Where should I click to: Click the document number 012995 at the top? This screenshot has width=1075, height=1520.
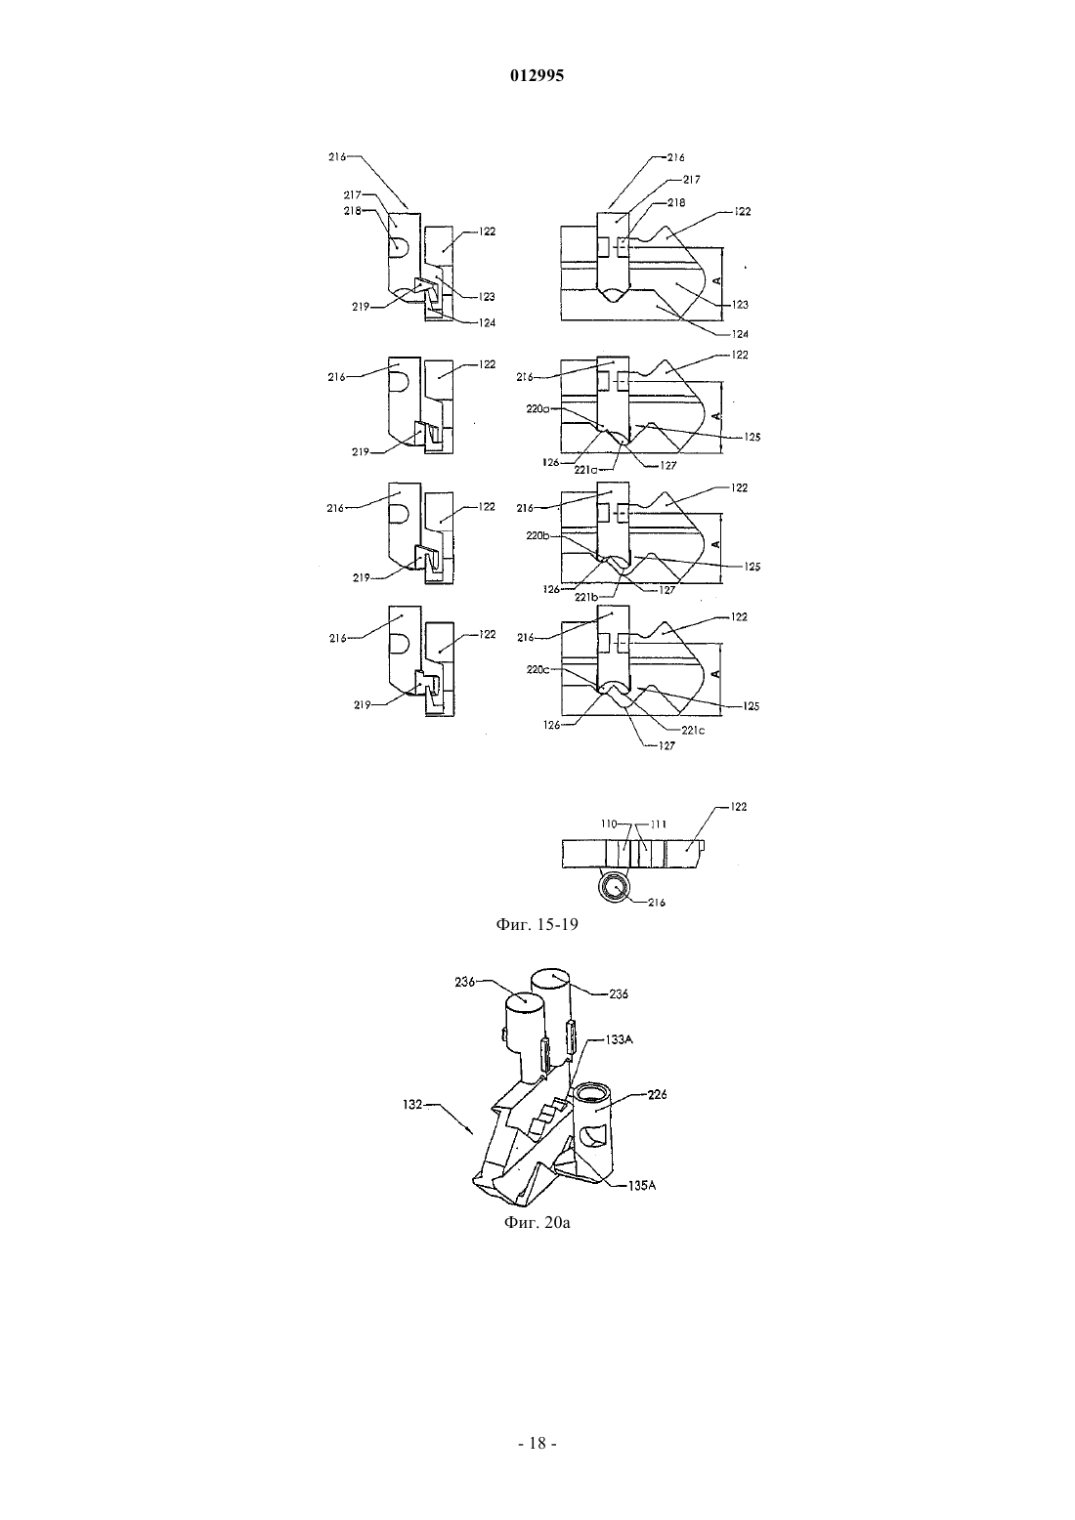click(537, 76)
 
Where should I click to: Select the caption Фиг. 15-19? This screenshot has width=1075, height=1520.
click(537, 924)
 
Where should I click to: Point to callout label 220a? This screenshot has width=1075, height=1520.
click(537, 409)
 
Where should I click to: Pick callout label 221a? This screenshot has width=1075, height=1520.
click(585, 470)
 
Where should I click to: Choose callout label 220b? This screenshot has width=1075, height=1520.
click(537, 535)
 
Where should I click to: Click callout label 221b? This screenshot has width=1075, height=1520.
click(585, 597)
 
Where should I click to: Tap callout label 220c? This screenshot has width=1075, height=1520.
click(537, 670)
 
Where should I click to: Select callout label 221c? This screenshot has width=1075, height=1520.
click(693, 731)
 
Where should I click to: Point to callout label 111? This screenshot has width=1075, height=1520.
click(659, 823)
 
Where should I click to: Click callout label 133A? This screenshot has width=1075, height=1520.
click(619, 1038)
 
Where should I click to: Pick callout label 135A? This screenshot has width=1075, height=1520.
click(641, 1186)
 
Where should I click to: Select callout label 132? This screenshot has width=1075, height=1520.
click(412, 1104)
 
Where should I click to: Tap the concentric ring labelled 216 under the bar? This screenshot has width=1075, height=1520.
click(615, 888)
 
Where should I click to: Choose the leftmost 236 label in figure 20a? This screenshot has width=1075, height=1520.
click(465, 982)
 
